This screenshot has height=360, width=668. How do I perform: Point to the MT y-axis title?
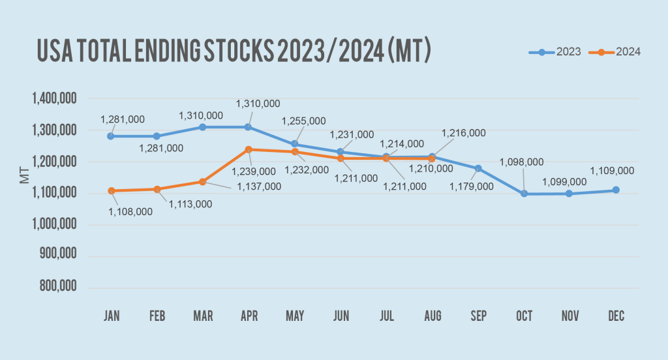coord(25,174)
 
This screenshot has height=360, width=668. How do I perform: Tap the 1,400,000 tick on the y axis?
coord(55,99)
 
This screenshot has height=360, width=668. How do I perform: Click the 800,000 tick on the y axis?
coord(59,287)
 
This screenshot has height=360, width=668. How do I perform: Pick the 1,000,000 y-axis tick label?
coord(55,224)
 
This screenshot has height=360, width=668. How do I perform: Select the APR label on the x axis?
coord(249,316)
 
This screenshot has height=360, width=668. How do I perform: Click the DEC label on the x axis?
coord(616,316)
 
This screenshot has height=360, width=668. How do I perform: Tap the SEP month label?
coord(478,316)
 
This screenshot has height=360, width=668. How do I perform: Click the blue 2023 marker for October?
coord(524,194)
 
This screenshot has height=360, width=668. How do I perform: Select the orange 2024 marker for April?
coord(249,149)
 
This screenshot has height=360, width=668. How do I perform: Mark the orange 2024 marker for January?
coord(111,190)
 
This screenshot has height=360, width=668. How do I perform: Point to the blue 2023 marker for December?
coord(616,190)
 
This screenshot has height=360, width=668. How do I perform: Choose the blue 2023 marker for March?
coord(203,127)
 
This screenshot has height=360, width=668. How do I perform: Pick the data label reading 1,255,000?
coord(303,121)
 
